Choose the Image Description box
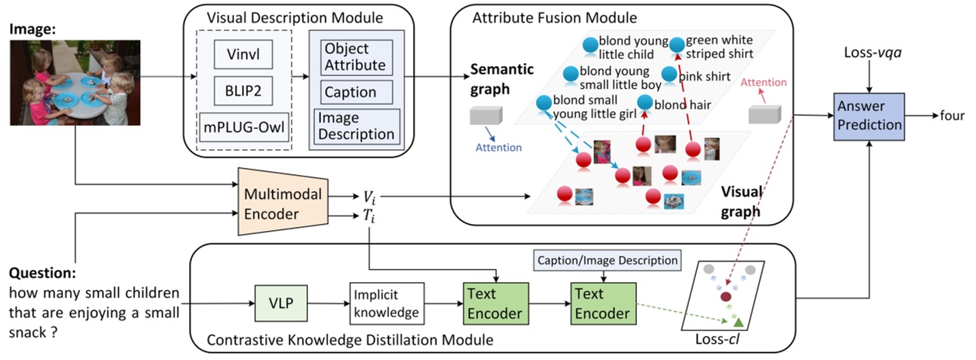[355, 125]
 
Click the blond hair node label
[683, 104]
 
